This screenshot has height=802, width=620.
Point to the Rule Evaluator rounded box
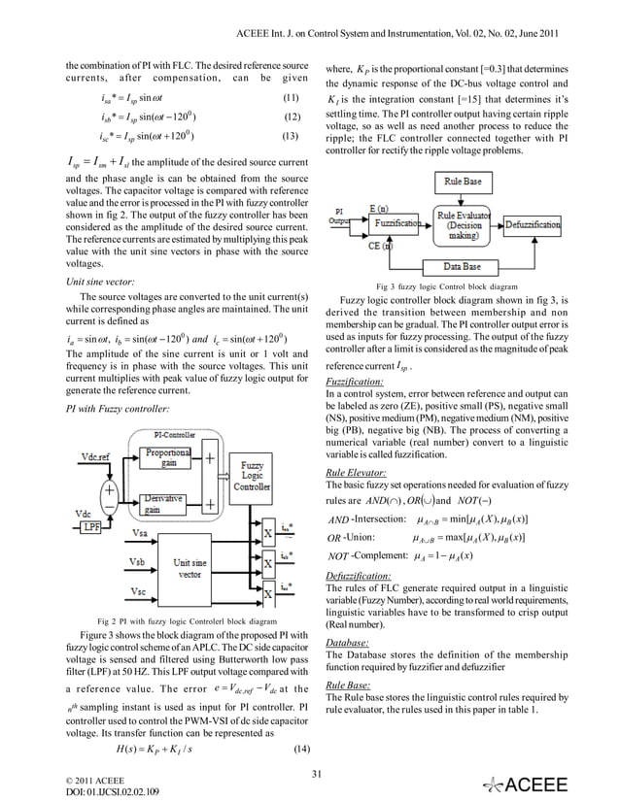coord(465,222)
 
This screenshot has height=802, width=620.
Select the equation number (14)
coord(302,749)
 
